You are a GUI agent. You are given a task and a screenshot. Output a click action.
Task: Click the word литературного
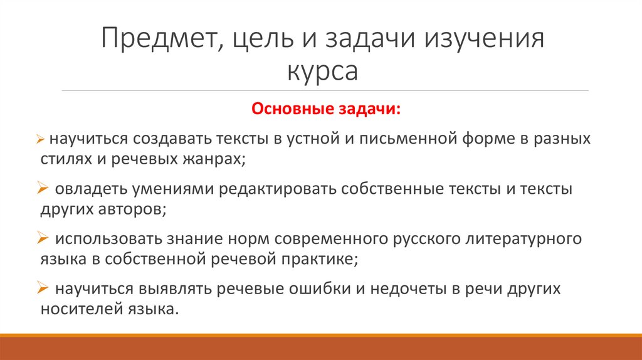coord(511,239)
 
